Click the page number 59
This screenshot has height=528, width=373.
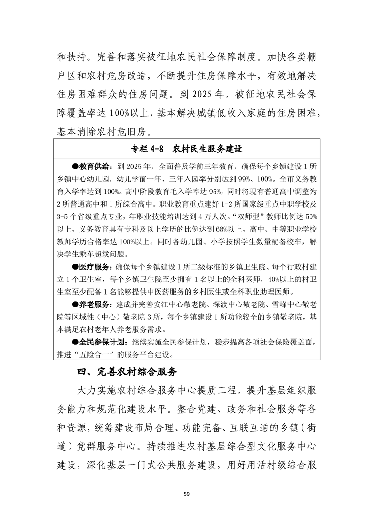(x=186, y=493)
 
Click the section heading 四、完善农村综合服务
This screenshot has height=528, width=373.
(x=127, y=372)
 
